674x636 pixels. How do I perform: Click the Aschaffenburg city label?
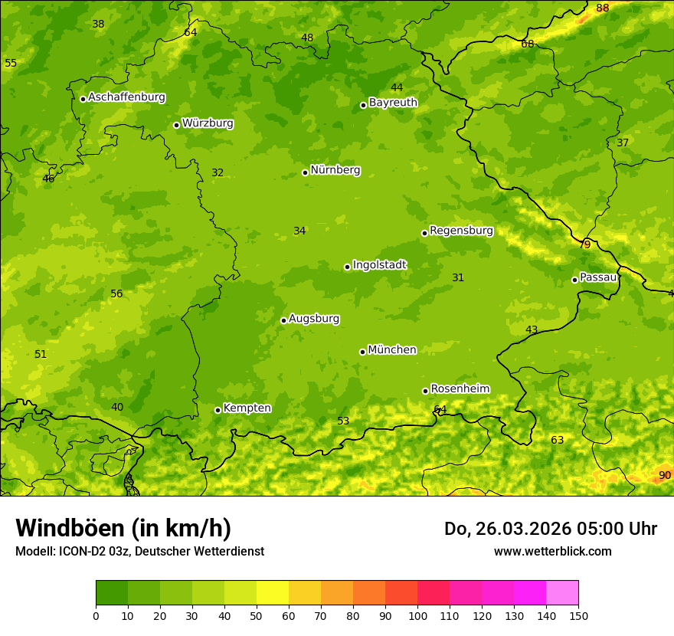pos(126,97)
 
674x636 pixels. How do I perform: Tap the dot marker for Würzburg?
pos(176,125)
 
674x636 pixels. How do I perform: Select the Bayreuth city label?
pos(393,102)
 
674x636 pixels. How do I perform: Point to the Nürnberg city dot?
pos(305,172)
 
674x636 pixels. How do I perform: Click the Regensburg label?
pos(461,230)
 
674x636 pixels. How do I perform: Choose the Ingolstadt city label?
pos(379,264)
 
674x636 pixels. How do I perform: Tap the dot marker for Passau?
pos(574,280)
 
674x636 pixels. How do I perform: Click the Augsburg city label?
pos(314,318)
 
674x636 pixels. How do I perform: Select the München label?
pos(392,349)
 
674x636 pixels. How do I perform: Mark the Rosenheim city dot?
pos(425,391)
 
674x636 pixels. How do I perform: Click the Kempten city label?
pos(247,408)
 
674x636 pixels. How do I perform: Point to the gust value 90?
pos(665,476)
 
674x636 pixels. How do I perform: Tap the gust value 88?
pos(603,8)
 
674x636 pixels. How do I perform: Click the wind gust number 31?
pos(458,277)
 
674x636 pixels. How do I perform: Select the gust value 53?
pos(343,421)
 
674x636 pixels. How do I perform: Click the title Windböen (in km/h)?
pos(123,528)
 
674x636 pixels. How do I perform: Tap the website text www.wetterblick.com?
pos(552,551)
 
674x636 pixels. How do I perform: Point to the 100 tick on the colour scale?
pos(417,615)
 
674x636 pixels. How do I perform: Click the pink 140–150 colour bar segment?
pos(562,592)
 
